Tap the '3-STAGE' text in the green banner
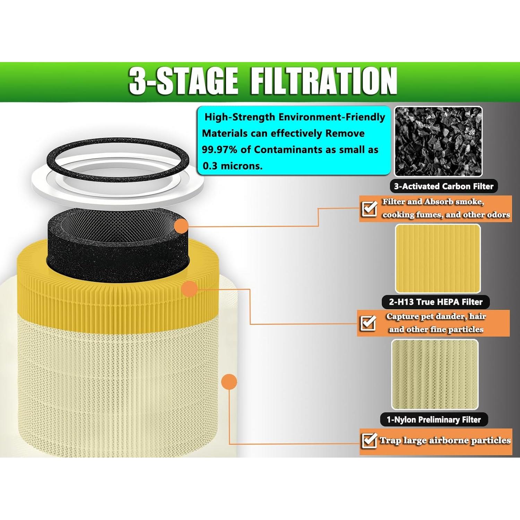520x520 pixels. point(183,81)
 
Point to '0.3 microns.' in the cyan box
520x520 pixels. point(232,166)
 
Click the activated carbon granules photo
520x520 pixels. point(438,141)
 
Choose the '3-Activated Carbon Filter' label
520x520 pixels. point(443,187)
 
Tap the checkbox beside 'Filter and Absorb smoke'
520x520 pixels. point(369,209)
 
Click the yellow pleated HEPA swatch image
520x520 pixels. point(438,258)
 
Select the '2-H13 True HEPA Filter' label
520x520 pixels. point(435,302)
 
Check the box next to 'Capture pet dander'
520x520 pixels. point(368,323)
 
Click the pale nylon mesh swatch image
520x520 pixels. point(435,374)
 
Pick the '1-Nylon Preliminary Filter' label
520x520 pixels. point(434,420)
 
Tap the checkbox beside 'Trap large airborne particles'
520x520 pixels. point(369,441)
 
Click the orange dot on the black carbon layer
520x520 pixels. point(181,226)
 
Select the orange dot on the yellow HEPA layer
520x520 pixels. point(189,289)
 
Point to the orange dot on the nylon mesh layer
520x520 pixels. point(229,382)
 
